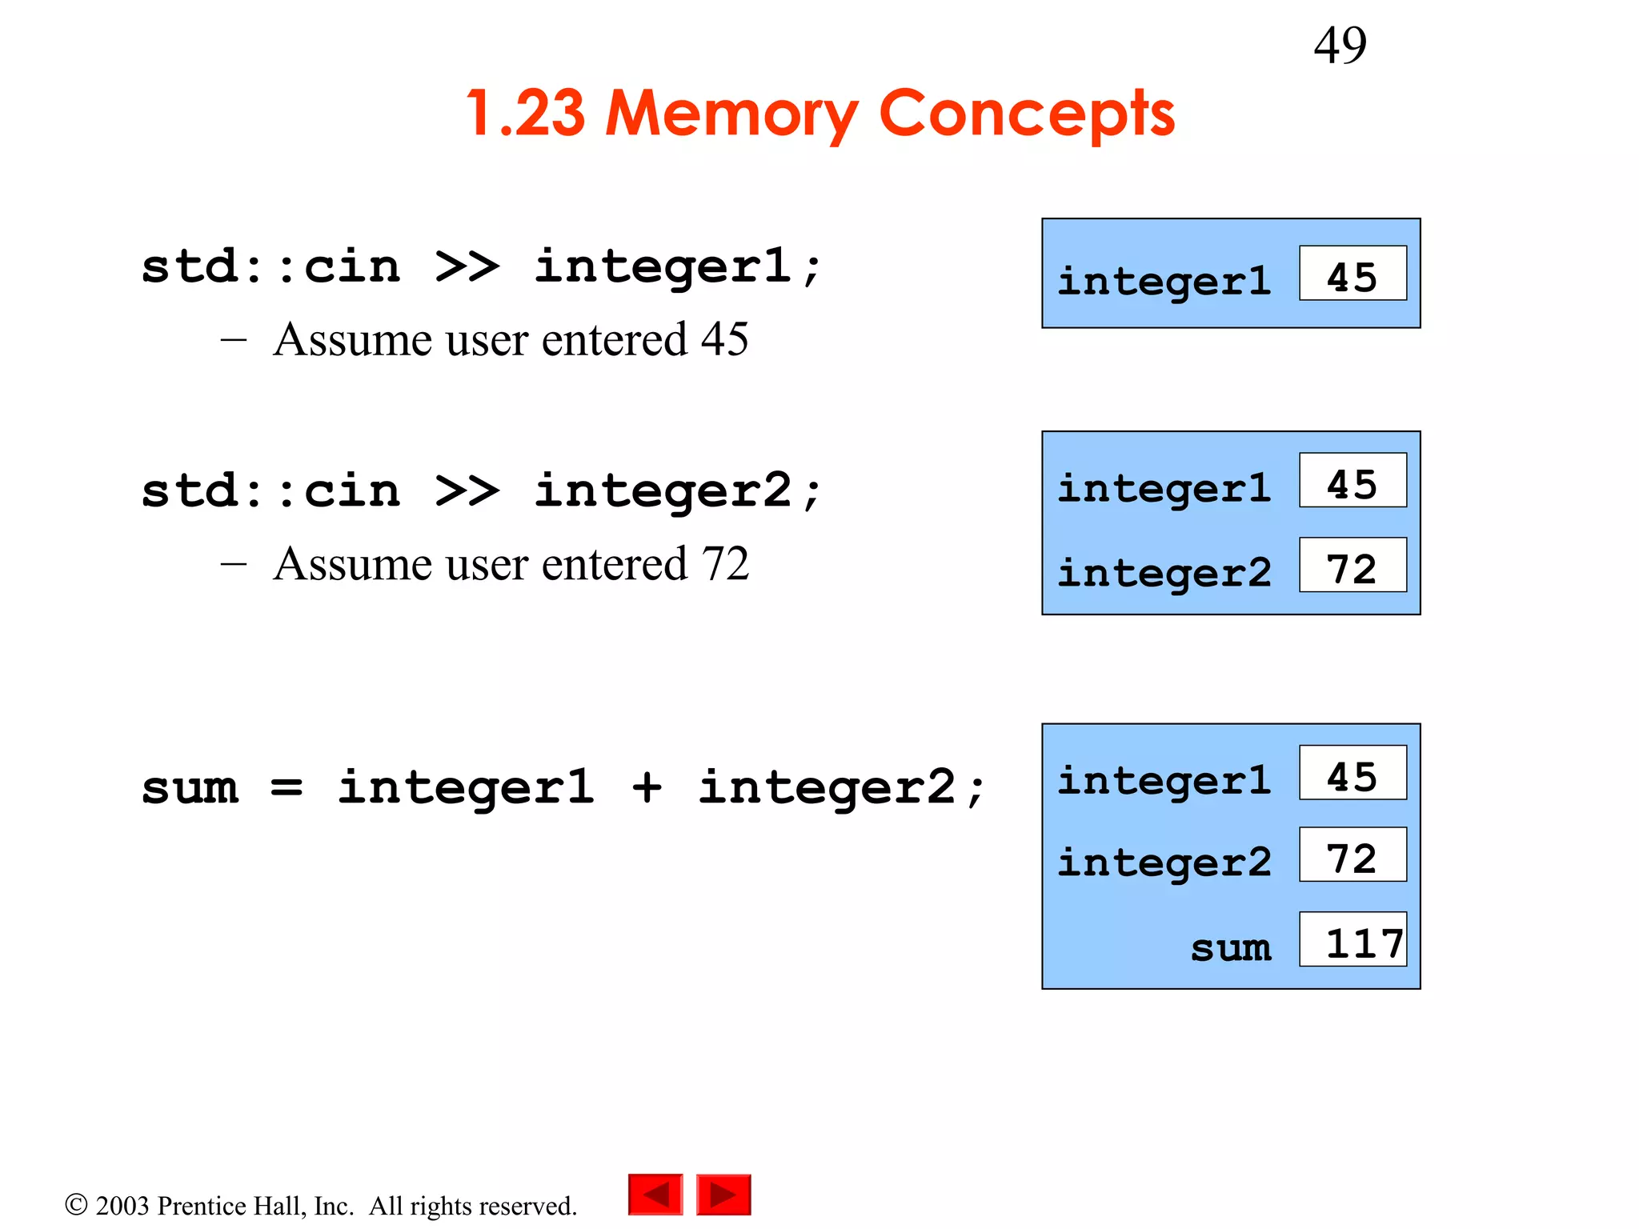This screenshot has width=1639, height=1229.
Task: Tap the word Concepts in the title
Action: tap(1026, 114)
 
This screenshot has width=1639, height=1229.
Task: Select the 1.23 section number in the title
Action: tap(526, 114)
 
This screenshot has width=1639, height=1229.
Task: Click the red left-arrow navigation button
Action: tap(655, 1195)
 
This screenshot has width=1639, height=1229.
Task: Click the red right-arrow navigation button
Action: tap(723, 1195)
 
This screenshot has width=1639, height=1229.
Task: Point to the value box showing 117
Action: tap(1352, 939)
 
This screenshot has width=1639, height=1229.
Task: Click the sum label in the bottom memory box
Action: tap(1230, 947)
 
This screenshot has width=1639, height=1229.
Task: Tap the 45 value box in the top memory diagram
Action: tap(1352, 274)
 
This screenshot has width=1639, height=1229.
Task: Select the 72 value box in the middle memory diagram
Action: tap(1352, 565)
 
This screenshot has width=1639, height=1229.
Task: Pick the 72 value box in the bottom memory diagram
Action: tap(1352, 855)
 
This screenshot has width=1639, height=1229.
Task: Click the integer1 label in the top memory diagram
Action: tap(1164, 281)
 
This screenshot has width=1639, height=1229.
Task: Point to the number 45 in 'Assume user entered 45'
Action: tap(725, 339)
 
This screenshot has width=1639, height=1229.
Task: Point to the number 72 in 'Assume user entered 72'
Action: tap(725, 564)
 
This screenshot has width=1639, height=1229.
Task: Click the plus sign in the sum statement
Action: tap(647, 787)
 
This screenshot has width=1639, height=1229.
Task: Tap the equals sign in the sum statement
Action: tap(287, 787)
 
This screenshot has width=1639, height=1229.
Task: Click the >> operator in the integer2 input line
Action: tap(467, 490)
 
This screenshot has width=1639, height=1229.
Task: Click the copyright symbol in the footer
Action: tap(76, 1205)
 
